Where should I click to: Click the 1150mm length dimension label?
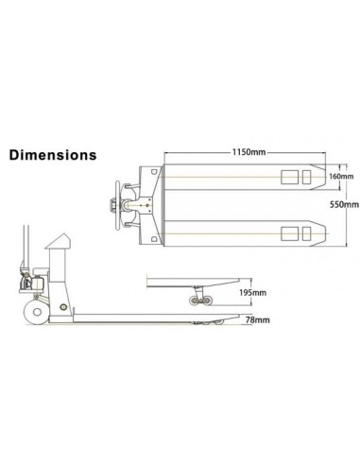(249, 151)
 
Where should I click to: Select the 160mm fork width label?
(342, 175)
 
